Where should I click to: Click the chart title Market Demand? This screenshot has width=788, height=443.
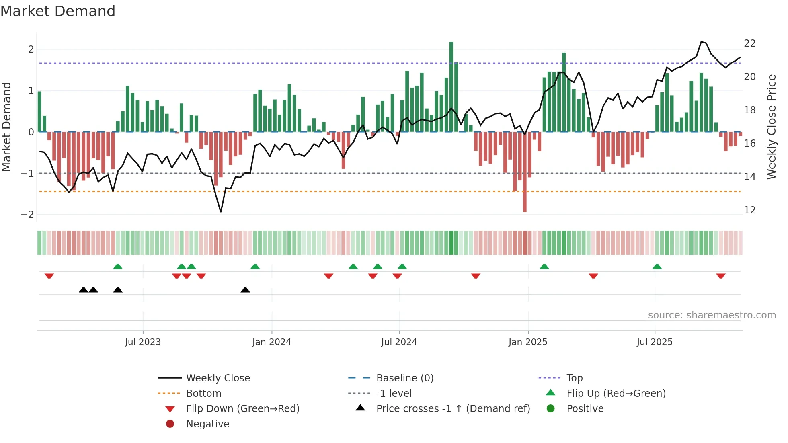(58, 11)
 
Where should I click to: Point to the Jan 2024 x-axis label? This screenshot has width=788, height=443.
(271, 342)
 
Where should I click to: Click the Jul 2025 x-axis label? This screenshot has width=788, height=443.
(655, 342)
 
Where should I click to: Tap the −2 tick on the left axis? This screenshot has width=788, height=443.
(28, 215)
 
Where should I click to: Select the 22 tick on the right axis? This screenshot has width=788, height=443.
(750, 43)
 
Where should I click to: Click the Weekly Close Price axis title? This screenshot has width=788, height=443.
(771, 127)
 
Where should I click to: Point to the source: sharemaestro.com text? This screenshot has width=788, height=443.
(712, 315)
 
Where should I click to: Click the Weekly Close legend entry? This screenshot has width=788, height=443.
(218, 378)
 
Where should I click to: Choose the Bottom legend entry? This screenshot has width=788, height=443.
(203, 394)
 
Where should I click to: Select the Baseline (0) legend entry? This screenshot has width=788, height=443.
(405, 378)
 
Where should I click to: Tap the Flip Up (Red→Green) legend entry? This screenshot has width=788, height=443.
(616, 394)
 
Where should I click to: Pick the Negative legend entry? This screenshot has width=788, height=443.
(207, 424)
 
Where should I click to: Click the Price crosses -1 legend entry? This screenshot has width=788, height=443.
(453, 409)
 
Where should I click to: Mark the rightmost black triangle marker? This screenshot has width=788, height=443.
(245, 290)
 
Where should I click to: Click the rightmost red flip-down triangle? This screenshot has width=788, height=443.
(720, 276)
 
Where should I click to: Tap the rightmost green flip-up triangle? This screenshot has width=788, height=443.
(657, 267)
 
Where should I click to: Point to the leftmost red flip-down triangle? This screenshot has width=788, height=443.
(49, 276)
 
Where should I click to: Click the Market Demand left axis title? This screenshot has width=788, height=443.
(7, 127)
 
